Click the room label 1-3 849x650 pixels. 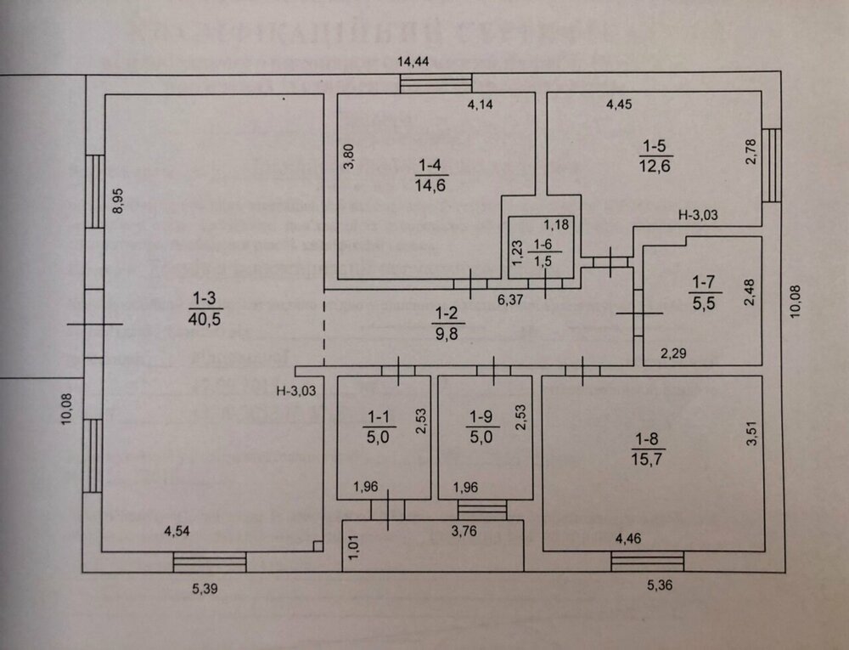(x=203, y=297)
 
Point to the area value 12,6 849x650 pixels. (x=655, y=166)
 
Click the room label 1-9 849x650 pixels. (x=480, y=417)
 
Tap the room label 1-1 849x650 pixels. (x=376, y=417)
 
